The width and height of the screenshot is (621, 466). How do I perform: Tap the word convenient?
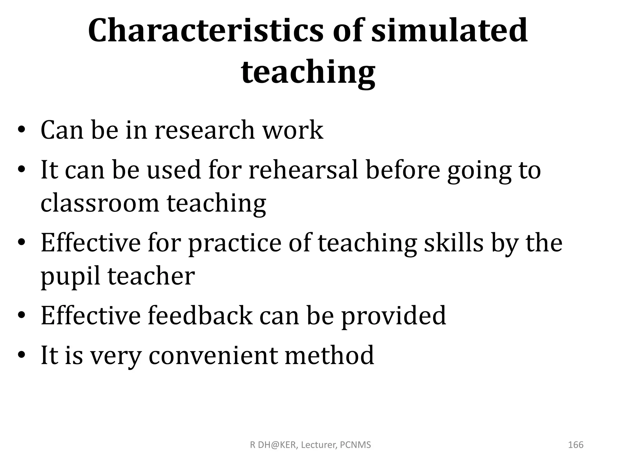click(x=213, y=355)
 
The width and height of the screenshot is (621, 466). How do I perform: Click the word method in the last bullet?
click(x=329, y=355)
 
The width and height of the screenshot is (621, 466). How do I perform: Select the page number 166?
click(x=576, y=445)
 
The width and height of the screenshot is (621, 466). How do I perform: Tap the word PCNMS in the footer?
click(x=355, y=445)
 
